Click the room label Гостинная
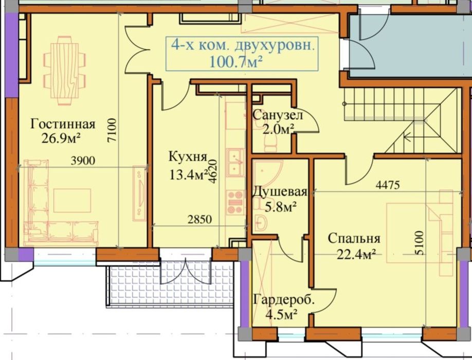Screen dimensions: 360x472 point(63,124)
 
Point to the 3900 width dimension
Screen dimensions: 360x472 point(83,160)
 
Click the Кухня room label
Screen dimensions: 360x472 point(188,156)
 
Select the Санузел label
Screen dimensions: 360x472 point(278,115)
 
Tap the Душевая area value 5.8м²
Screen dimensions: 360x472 point(280,207)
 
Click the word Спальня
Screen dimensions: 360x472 point(354,238)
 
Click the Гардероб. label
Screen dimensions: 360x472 point(283,300)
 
